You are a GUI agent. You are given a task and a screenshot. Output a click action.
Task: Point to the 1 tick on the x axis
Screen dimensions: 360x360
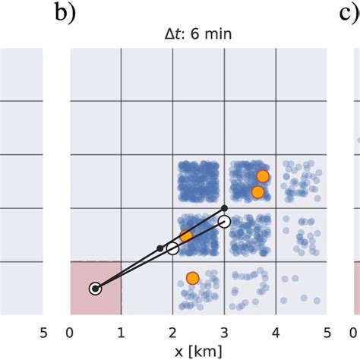pos(122,331)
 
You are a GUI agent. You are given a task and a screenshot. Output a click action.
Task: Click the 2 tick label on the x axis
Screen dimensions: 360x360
pos(173,331)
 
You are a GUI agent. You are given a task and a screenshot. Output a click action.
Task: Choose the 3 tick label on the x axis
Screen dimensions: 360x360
pos(224,331)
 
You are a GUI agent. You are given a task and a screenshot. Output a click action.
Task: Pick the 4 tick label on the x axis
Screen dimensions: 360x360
pos(276,331)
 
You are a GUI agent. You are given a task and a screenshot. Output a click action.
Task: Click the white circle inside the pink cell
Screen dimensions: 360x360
pos(95,289)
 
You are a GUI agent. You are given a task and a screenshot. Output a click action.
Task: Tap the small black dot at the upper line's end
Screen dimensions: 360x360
pos(224,207)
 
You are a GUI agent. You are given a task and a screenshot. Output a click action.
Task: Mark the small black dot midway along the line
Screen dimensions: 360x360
pos(159,248)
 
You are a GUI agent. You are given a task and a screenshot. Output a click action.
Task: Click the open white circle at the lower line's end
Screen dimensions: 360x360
pos(224,221)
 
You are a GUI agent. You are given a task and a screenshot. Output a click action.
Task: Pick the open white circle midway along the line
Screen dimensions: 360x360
pos(172,248)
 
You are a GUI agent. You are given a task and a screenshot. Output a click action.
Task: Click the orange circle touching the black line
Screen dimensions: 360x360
pos(186,236)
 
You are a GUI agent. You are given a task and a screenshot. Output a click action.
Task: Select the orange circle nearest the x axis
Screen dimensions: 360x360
pos(192,278)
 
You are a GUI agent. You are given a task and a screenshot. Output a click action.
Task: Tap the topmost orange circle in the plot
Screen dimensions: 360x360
pos(263,176)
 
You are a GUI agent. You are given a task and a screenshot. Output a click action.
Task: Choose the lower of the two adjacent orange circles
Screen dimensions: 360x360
pos(257,192)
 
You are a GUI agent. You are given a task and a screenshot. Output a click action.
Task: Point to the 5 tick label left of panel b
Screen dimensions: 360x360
pos(43,331)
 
